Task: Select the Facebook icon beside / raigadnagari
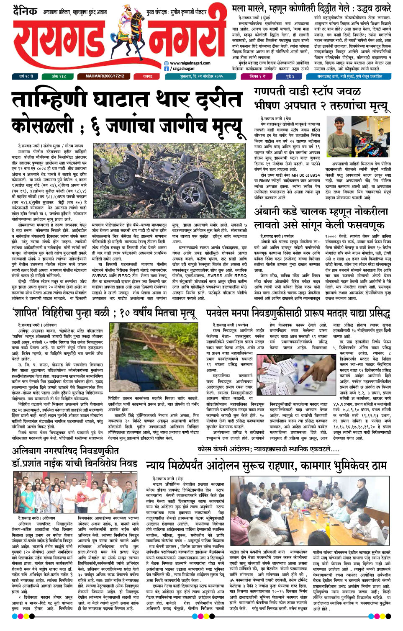tap(166, 68)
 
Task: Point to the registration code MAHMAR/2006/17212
tap(105, 77)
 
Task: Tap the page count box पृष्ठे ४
tap(290, 77)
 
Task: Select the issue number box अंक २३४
tap(59, 77)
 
